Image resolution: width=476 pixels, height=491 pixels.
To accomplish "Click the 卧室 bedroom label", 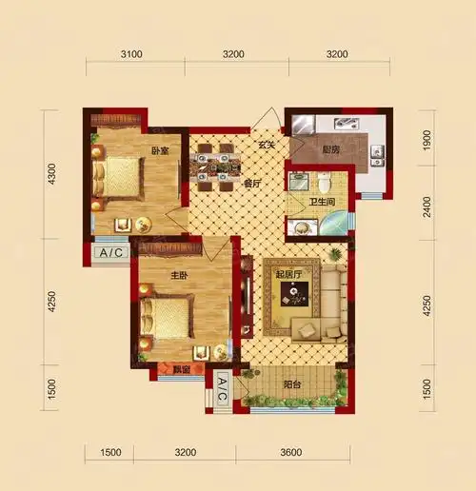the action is pyautogui.click(x=160, y=151).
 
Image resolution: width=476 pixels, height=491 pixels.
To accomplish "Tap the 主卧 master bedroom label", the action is pyautogui.click(x=179, y=276).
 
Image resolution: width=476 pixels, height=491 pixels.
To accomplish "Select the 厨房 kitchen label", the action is pyautogui.click(x=331, y=149).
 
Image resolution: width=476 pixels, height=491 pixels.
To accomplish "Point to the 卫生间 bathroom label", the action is pyautogui.click(x=322, y=202).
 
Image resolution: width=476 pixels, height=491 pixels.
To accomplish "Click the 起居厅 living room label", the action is pyautogui.click(x=288, y=274).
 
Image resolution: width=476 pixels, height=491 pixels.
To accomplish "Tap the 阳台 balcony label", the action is pyautogui.click(x=291, y=384).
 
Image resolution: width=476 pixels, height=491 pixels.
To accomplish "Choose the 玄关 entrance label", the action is pyautogui.click(x=267, y=146).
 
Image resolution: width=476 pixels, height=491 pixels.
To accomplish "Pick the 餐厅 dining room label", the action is pyautogui.click(x=252, y=184).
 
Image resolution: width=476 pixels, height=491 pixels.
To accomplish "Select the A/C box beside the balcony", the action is pyautogui.click(x=222, y=389).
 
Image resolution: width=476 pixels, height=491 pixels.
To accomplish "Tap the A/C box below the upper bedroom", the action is pyautogui.click(x=111, y=253).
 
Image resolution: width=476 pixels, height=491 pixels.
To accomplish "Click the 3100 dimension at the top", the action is pyautogui.click(x=131, y=54).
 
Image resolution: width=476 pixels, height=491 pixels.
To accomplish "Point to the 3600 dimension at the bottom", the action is pyautogui.click(x=291, y=452).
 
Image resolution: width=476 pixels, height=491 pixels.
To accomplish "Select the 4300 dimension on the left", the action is pyautogui.click(x=51, y=174).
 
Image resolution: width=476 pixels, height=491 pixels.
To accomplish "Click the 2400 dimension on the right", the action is pyautogui.click(x=427, y=207).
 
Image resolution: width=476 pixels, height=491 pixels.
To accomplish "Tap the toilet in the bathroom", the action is pyautogui.click(x=325, y=184).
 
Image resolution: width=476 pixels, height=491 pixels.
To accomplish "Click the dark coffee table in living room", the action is pyautogui.click(x=294, y=294).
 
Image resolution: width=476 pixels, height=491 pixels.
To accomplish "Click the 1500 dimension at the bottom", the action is pyautogui.click(x=110, y=452).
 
